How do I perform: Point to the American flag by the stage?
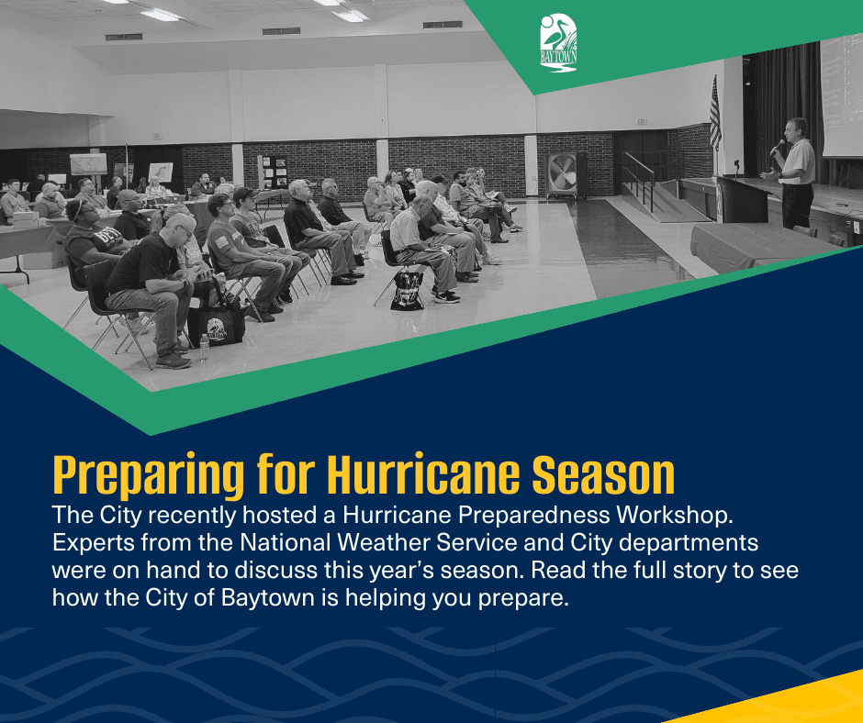[714, 114]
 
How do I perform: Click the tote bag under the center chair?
[407, 290]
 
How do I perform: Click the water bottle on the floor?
[204, 347]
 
